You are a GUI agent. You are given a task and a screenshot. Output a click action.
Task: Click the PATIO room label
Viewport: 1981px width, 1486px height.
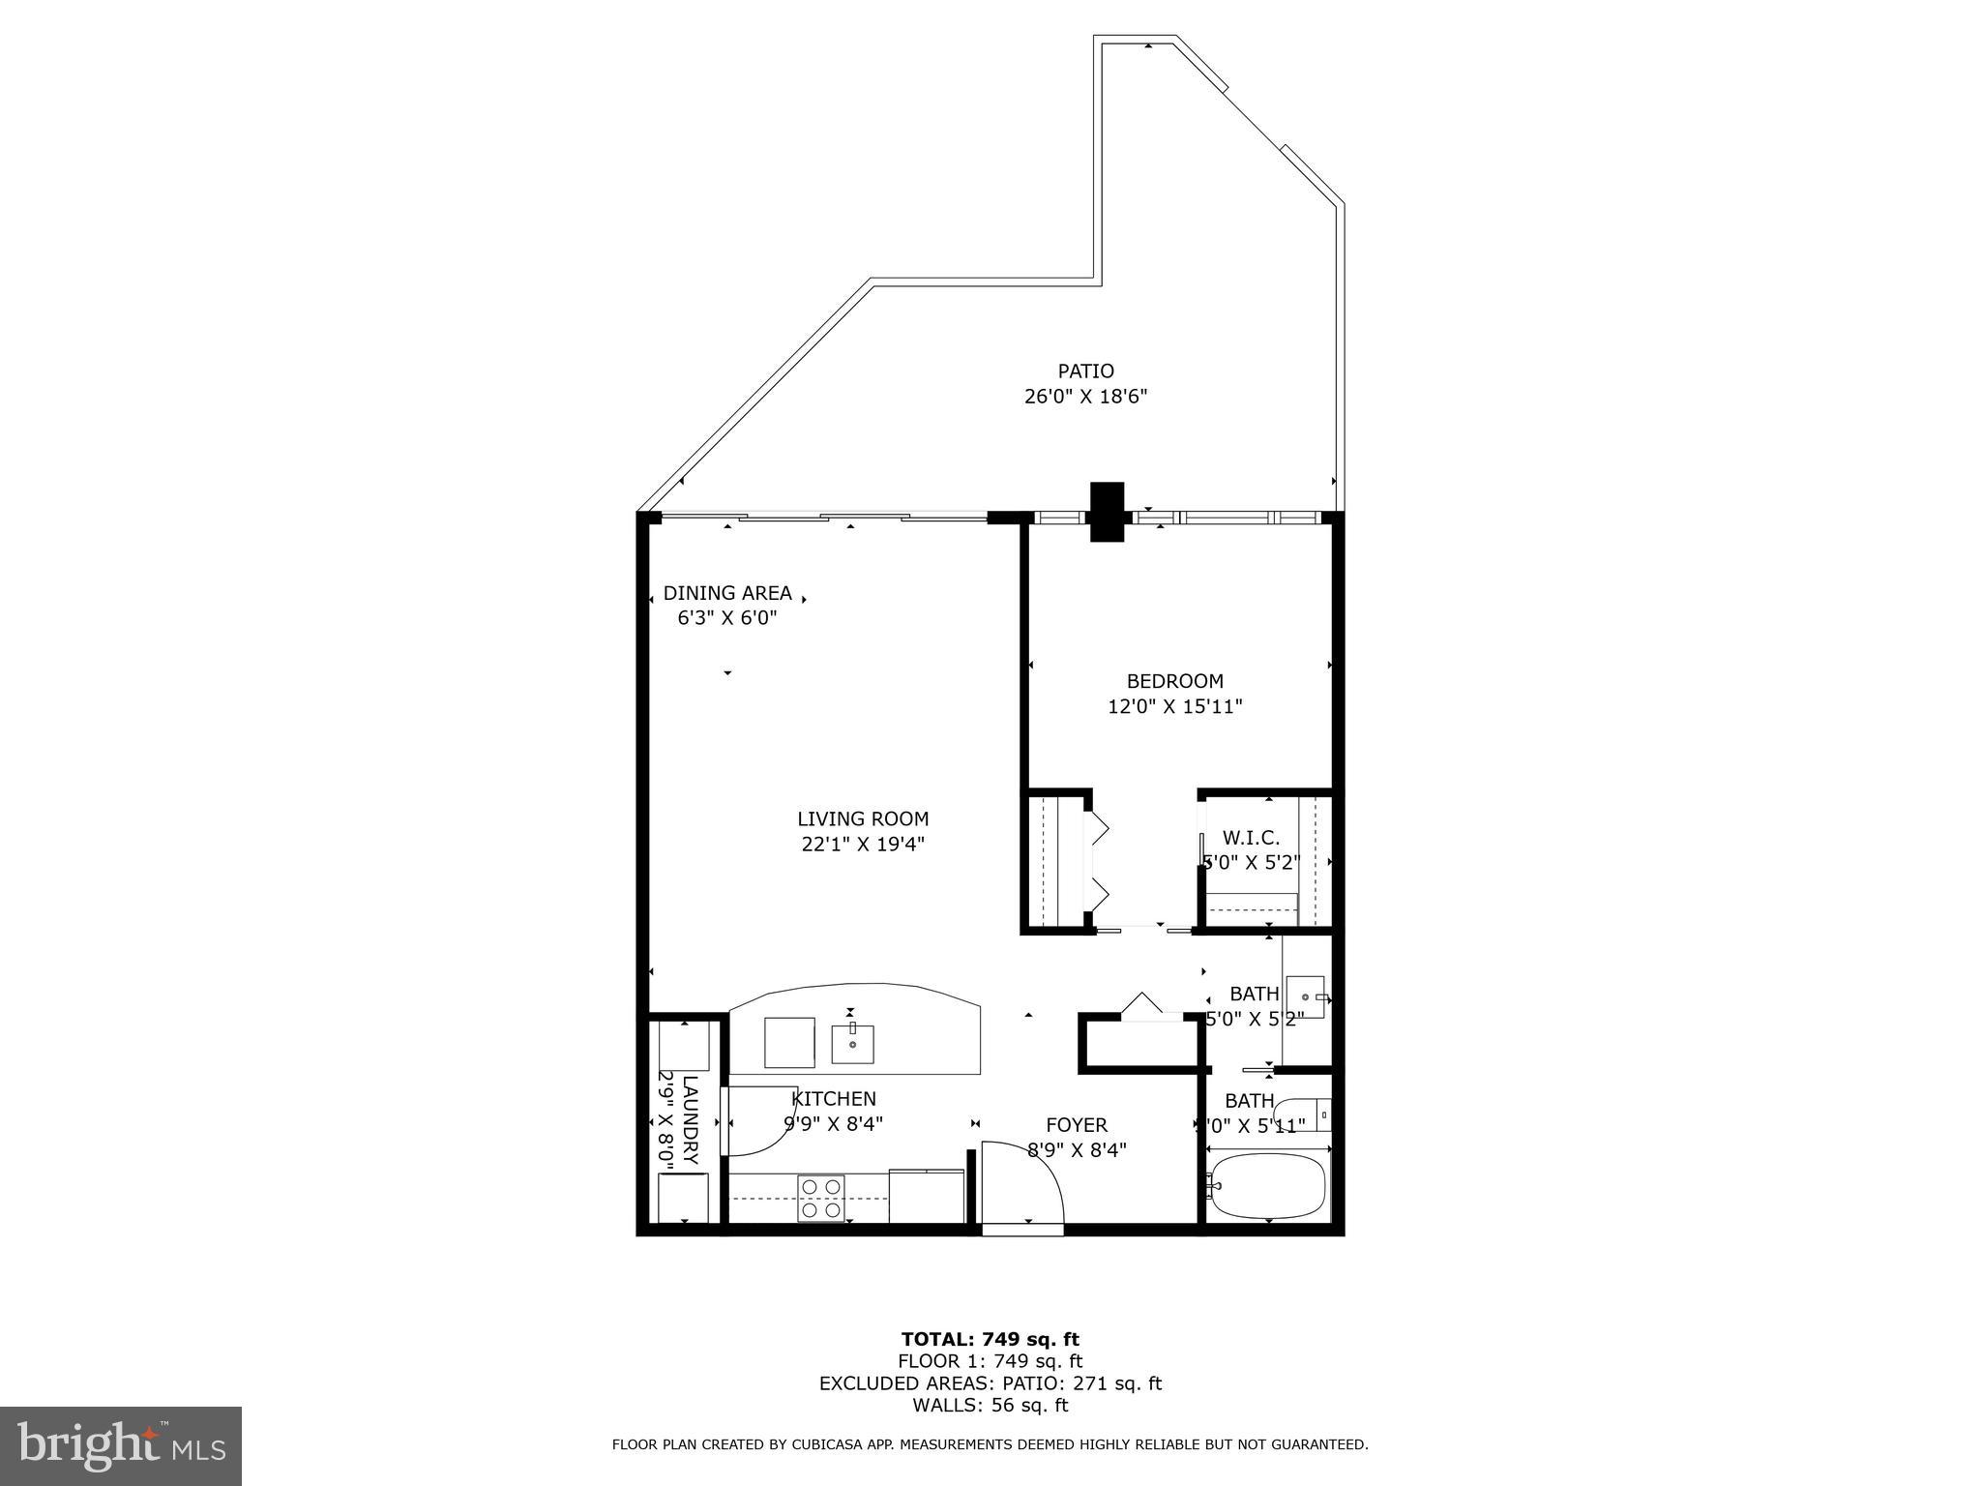tap(1085, 371)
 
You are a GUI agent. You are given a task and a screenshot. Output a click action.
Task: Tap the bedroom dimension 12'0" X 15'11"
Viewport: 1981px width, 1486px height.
tap(1174, 707)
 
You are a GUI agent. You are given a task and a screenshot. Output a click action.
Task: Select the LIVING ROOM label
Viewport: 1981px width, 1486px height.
tap(863, 819)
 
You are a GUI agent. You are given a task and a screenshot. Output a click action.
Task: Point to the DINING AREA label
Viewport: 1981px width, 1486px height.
tap(727, 593)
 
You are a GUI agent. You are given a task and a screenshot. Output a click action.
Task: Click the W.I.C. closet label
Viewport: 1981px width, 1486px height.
tap(1251, 838)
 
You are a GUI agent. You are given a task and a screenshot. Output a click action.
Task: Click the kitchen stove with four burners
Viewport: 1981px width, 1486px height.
tap(820, 1198)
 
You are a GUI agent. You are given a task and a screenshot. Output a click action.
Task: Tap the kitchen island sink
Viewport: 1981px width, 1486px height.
tap(852, 1044)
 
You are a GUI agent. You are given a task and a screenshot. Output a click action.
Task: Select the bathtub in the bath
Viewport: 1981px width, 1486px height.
tap(1267, 1186)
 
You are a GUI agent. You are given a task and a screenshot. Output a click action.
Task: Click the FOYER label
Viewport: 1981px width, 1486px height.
tap(1077, 1125)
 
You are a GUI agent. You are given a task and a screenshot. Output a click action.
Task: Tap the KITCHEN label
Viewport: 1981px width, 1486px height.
tap(834, 1099)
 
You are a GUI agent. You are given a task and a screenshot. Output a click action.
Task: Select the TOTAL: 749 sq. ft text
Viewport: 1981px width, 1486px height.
tap(990, 1339)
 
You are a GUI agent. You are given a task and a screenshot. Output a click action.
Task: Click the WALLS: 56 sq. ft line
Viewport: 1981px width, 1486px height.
tap(990, 1405)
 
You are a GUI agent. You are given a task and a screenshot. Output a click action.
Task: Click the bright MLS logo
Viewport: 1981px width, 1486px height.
tap(121, 1445)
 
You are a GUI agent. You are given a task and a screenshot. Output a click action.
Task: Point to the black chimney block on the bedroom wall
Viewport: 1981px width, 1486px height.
tap(1108, 512)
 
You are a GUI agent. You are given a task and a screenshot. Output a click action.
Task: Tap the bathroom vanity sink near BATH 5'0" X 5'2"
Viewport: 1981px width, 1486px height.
tap(1306, 996)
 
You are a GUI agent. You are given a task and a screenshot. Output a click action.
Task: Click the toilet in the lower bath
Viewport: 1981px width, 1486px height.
tap(1302, 1114)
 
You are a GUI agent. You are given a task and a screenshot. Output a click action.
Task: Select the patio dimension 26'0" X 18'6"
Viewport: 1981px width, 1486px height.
tap(1085, 397)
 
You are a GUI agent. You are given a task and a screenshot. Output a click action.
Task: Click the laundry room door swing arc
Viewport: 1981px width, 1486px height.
tap(764, 1122)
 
